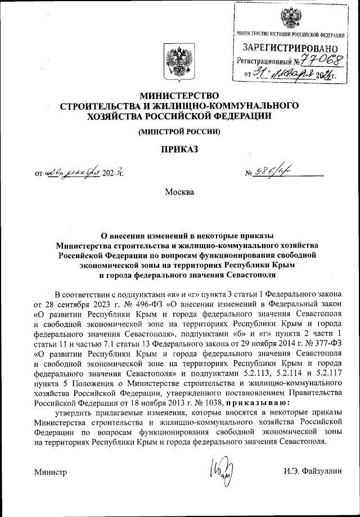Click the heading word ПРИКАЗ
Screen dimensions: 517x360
[179, 149]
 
